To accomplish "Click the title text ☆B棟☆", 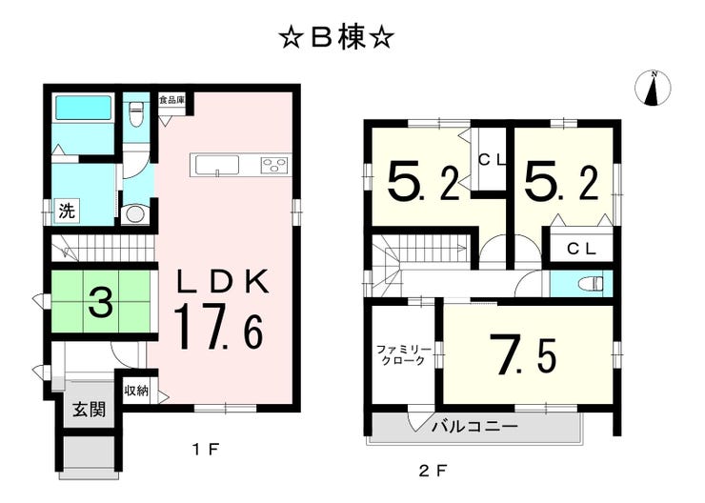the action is point(337,38).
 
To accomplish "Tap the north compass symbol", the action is point(653,89).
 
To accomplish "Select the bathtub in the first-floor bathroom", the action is point(83,109).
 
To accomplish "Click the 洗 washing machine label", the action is point(68,211).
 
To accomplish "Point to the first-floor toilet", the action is point(135,114).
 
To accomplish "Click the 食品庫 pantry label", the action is point(171,100).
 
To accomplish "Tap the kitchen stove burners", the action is point(273,165).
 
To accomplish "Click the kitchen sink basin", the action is point(217,165).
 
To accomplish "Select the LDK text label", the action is point(224,281).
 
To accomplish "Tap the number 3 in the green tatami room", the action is point(101,302).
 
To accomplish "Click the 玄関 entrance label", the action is point(90,410).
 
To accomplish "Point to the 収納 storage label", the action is point(136,391).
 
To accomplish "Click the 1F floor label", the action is point(206,449).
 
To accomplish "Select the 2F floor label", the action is point(433,471).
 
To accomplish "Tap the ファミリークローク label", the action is point(403,354).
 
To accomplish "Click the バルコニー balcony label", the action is point(475,426).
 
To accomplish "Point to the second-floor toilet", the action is point(592,284).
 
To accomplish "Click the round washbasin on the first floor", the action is point(135,214).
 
